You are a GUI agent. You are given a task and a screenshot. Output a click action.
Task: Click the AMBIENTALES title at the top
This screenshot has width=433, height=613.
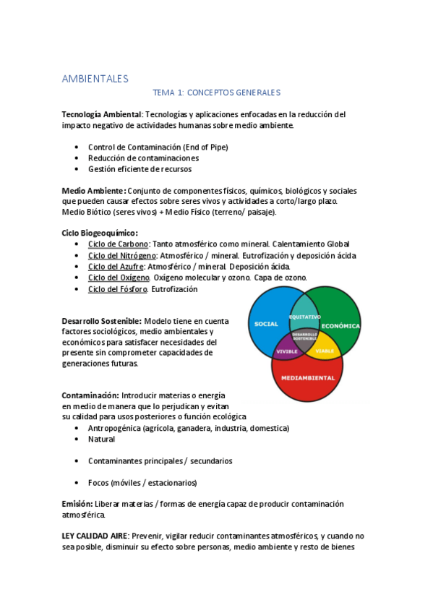tap(95, 78)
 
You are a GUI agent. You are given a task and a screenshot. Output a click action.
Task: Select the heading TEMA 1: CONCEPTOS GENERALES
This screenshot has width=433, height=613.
tap(216, 93)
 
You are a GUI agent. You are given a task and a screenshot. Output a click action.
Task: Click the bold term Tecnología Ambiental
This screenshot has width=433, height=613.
tap(101, 114)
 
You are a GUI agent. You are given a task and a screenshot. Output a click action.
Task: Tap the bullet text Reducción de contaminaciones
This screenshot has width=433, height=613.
tap(143, 158)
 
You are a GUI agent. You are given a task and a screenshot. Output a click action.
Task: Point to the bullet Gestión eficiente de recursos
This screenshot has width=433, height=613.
tap(140, 168)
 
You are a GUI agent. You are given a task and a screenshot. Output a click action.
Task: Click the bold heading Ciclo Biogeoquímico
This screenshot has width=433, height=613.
tap(100, 233)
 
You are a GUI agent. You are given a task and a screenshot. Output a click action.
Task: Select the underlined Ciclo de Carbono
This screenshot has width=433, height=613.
tap(118, 244)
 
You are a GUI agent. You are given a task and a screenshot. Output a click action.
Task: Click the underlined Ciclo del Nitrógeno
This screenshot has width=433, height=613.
tap(121, 255)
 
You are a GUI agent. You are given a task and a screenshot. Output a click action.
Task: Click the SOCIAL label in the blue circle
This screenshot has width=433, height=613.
tap(266, 324)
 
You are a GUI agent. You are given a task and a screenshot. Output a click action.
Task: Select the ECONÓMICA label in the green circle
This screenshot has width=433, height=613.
tap(340, 326)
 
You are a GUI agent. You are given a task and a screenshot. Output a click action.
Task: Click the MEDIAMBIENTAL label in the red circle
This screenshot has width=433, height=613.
tap(307, 377)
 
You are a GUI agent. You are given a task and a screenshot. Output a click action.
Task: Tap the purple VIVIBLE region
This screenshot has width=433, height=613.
tap(286, 351)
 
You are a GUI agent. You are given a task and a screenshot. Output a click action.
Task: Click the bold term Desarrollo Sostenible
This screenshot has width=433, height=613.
tap(101, 321)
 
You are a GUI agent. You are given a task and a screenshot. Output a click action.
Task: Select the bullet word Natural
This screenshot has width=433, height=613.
tap(101, 439)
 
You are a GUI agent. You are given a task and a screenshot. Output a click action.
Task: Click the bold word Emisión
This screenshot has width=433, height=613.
tap(77, 503)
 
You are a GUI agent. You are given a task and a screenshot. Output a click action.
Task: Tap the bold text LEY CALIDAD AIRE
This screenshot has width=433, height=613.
tap(95, 536)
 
